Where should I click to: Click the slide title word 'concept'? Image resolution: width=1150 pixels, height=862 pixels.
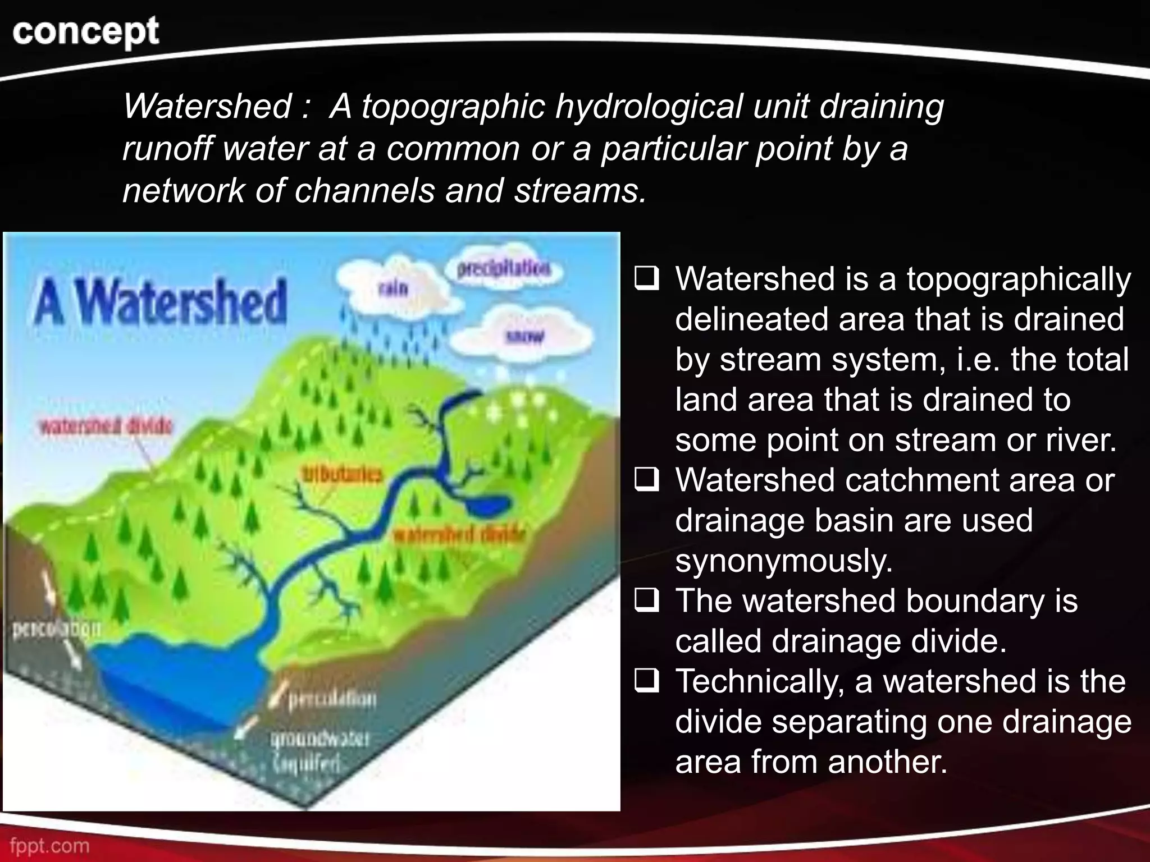click(85, 31)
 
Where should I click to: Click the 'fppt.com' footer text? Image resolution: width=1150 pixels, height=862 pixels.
click(49, 845)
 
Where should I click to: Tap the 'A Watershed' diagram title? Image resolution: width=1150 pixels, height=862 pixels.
click(161, 303)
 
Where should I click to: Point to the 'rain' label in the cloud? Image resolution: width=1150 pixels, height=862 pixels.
click(393, 288)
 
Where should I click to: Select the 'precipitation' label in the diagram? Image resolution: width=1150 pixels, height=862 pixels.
click(504, 269)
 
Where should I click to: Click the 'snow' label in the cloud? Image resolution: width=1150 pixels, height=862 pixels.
click(525, 337)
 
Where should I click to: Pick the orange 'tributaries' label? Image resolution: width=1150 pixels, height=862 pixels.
click(342, 474)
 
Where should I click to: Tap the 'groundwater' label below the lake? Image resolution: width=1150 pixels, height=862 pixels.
click(320, 739)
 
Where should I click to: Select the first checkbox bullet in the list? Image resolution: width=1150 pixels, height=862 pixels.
click(646, 278)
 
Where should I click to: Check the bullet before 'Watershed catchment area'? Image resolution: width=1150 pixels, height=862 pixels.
click(646, 480)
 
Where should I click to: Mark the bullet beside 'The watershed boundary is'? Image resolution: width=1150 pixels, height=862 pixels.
click(646, 601)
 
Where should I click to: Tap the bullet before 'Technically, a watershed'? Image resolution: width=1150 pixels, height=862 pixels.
click(646, 681)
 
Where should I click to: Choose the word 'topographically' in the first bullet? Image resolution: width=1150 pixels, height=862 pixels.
click(1019, 279)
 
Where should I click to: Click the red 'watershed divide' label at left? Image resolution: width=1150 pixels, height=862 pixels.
click(105, 427)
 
